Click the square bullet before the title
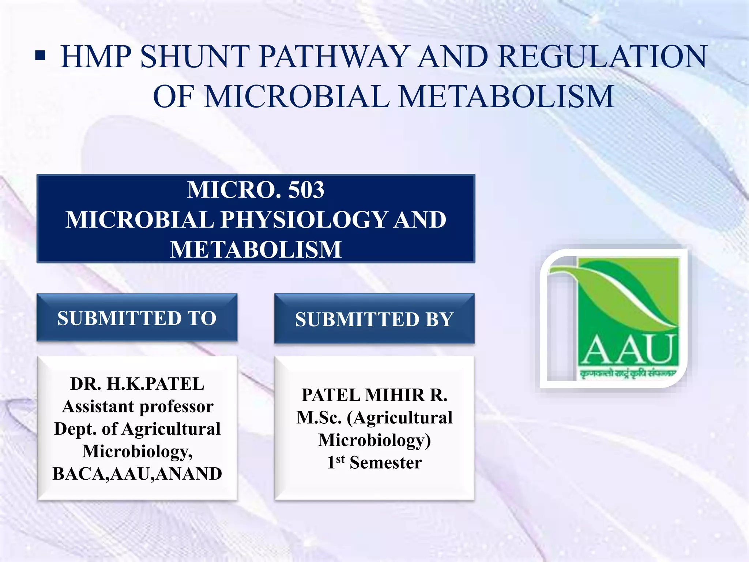tap(40, 56)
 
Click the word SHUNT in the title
tap(194, 57)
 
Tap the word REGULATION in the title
tap(602, 57)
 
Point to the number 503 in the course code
tap(306, 190)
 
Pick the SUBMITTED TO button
tap(137, 318)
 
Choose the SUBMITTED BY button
tap(374, 319)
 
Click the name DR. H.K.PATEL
tap(137, 384)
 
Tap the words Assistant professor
tap(138, 406)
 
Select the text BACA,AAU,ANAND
tap(137, 473)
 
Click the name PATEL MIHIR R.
tap(374, 395)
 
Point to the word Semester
tap(386, 462)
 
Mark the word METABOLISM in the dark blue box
tap(256, 250)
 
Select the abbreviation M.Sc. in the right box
tap(319, 417)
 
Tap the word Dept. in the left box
tap(75, 429)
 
